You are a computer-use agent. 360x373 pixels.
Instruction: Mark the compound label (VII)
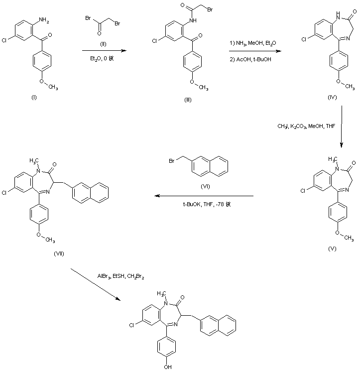click(x=58, y=253)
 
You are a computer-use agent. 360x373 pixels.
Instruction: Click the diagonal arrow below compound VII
click(x=96, y=284)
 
